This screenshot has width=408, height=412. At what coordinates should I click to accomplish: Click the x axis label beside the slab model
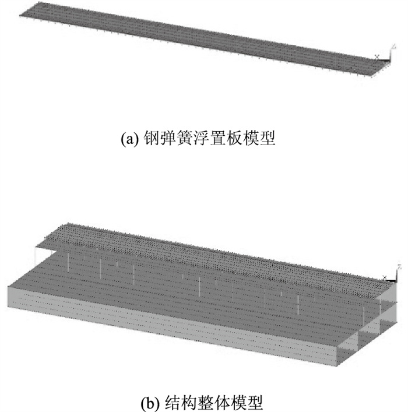[377, 57]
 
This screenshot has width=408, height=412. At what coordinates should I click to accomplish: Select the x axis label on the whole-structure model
[384, 277]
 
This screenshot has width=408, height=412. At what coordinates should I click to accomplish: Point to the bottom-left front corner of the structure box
[9, 308]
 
